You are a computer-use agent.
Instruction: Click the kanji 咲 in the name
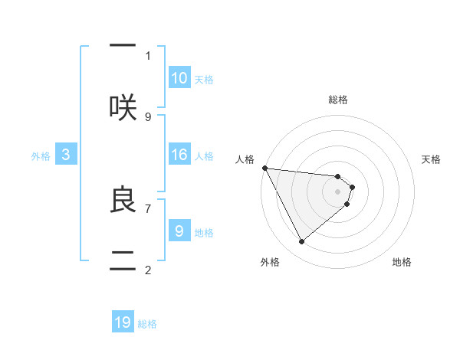point(123,108)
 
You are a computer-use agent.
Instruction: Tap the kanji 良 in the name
point(123,200)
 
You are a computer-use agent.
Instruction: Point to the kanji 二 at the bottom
point(123,259)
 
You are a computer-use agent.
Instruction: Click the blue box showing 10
point(179,78)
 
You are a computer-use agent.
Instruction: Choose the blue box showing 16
point(179,155)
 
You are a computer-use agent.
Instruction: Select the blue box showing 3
point(66,155)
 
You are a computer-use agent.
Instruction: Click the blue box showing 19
point(123,322)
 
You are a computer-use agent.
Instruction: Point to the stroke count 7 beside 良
point(148,208)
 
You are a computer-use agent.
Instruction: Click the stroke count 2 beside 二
point(148,270)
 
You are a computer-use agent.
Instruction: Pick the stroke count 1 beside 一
point(148,55)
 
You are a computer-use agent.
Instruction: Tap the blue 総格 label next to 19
point(147,324)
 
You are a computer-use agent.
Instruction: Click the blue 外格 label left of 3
point(41,156)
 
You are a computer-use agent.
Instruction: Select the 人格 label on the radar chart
point(245,159)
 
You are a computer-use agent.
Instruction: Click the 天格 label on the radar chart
point(431,159)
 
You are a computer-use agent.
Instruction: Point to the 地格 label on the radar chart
point(402,262)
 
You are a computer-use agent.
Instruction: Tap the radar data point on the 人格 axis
point(264,168)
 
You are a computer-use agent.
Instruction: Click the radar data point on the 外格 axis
point(301,242)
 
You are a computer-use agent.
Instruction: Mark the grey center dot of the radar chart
point(338,191)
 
